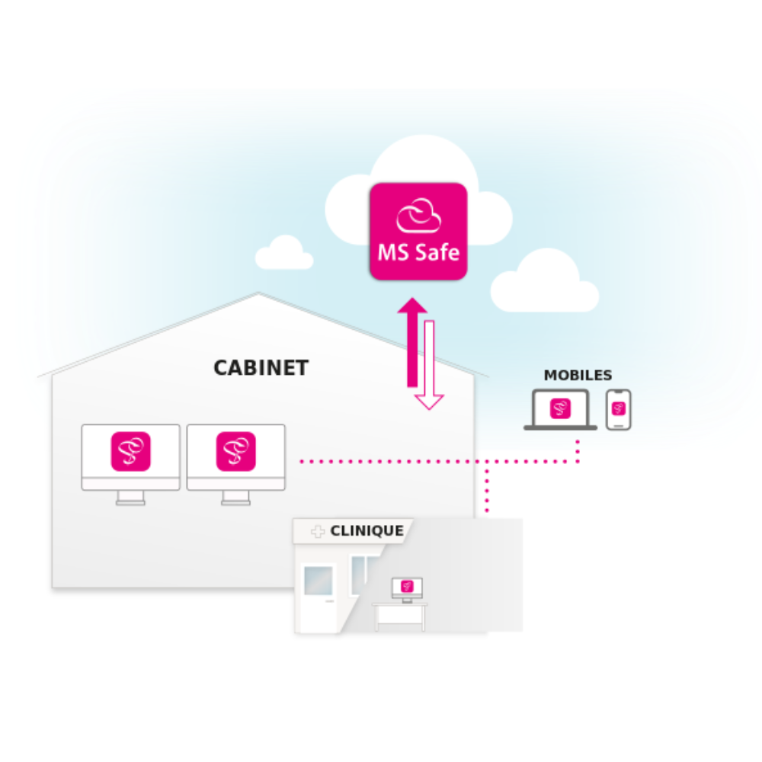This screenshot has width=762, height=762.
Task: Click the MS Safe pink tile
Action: point(418,231)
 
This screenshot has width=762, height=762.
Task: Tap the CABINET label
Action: point(261,368)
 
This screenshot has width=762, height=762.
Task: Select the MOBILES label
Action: point(578,376)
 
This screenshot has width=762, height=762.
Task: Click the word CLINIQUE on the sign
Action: point(367,531)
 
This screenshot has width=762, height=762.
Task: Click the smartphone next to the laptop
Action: point(619,409)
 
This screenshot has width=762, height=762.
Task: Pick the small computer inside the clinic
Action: point(407,588)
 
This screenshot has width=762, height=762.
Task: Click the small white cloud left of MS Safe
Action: point(284,254)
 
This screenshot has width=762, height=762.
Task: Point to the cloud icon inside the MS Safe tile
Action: point(418,216)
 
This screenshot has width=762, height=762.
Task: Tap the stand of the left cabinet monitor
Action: point(131,498)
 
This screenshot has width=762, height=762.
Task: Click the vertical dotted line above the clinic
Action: point(487,488)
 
